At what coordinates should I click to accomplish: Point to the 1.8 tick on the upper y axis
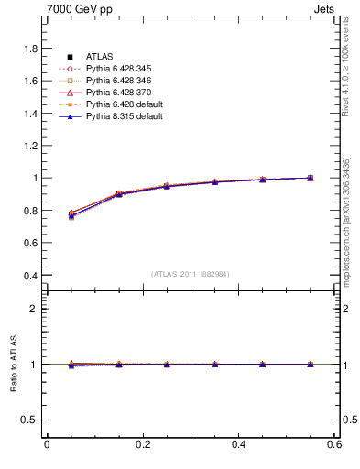click(31, 49)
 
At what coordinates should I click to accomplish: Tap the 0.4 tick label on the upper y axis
click(31, 275)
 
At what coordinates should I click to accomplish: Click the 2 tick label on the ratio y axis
click(36, 309)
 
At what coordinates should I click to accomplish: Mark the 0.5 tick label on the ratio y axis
click(31, 420)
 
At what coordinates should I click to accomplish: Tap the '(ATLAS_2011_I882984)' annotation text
click(191, 274)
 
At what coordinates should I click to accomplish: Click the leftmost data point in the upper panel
click(71, 215)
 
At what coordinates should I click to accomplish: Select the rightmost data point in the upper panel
click(311, 178)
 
